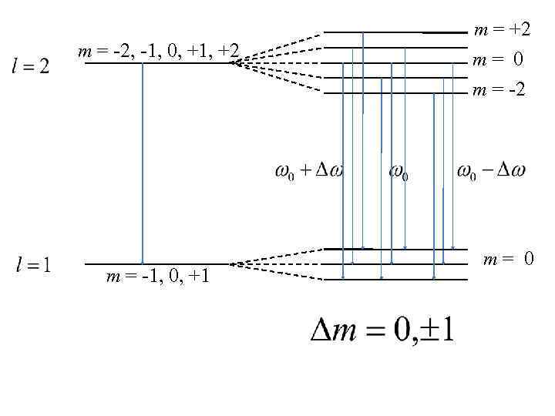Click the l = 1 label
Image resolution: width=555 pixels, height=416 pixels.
point(33,266)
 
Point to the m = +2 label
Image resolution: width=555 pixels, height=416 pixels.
point(502,30)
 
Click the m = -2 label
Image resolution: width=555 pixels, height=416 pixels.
point(499,90)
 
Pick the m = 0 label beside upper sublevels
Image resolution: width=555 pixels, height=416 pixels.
point(498,60)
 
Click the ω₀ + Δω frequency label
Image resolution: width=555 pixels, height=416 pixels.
point(308,170)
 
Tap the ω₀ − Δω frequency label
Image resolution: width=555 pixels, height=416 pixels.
point(491,170)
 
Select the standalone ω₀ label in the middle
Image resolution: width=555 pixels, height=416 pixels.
point(398,172)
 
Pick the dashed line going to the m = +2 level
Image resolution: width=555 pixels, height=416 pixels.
point(277,47)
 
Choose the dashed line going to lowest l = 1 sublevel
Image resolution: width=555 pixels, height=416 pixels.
point(277,271)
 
